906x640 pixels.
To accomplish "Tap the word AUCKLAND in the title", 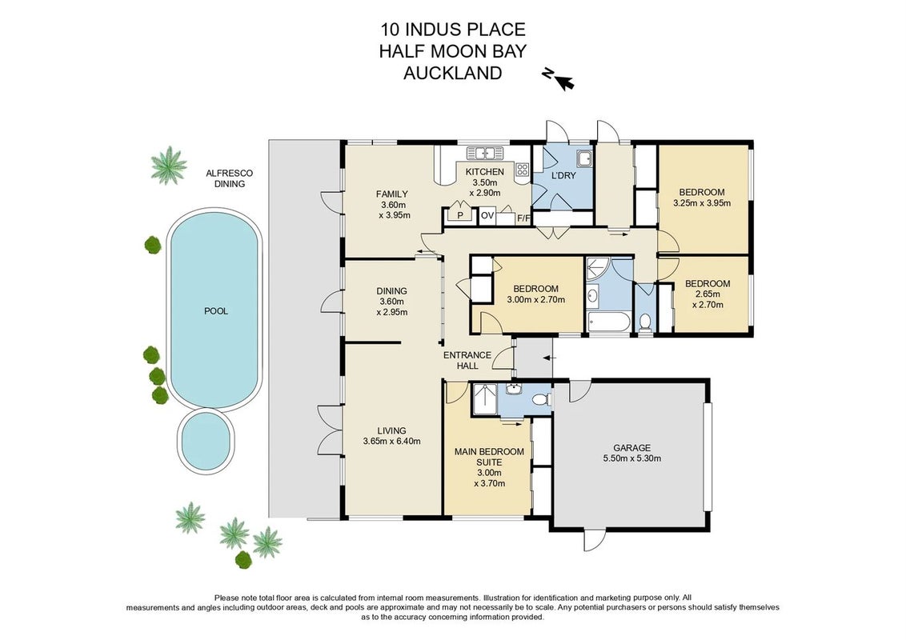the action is pyautogui.click(x=452, y=74).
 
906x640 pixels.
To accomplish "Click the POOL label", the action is pyautogui.click(x=216, y=310).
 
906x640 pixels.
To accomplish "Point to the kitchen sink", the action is pyautogui.click(x=485, y=153).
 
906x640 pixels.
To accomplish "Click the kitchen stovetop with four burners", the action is pyautogui.click(x=522, y=170).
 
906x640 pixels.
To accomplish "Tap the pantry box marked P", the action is pyautogui.click(x=460, y=215).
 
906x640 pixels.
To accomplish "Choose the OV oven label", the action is pyautogui.click(x=487, y=215).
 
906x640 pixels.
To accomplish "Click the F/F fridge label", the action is pyautogui.click(x=524, y=218).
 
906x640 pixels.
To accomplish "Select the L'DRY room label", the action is pyautogui.click(x=563, y=175).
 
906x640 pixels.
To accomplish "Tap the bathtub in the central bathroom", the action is pyautogui.click(x=607, y=322).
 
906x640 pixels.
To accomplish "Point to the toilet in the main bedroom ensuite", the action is pyautogui.click(x=541, y=399).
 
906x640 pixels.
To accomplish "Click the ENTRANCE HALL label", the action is pyautogui.click(x=467, y=361).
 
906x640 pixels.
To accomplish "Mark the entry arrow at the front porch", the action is pyautogui.click(x=549, y=358).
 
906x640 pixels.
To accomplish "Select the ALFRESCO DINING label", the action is pyautogui.click(x=230, y=178).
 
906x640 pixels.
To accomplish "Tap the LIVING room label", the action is pyautogui.click(x=391, y=430).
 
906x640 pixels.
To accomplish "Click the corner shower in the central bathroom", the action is pyautogui.click(x=595, y=269).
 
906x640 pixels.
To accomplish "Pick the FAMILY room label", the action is pyautogui.click(x=391, y=194).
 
